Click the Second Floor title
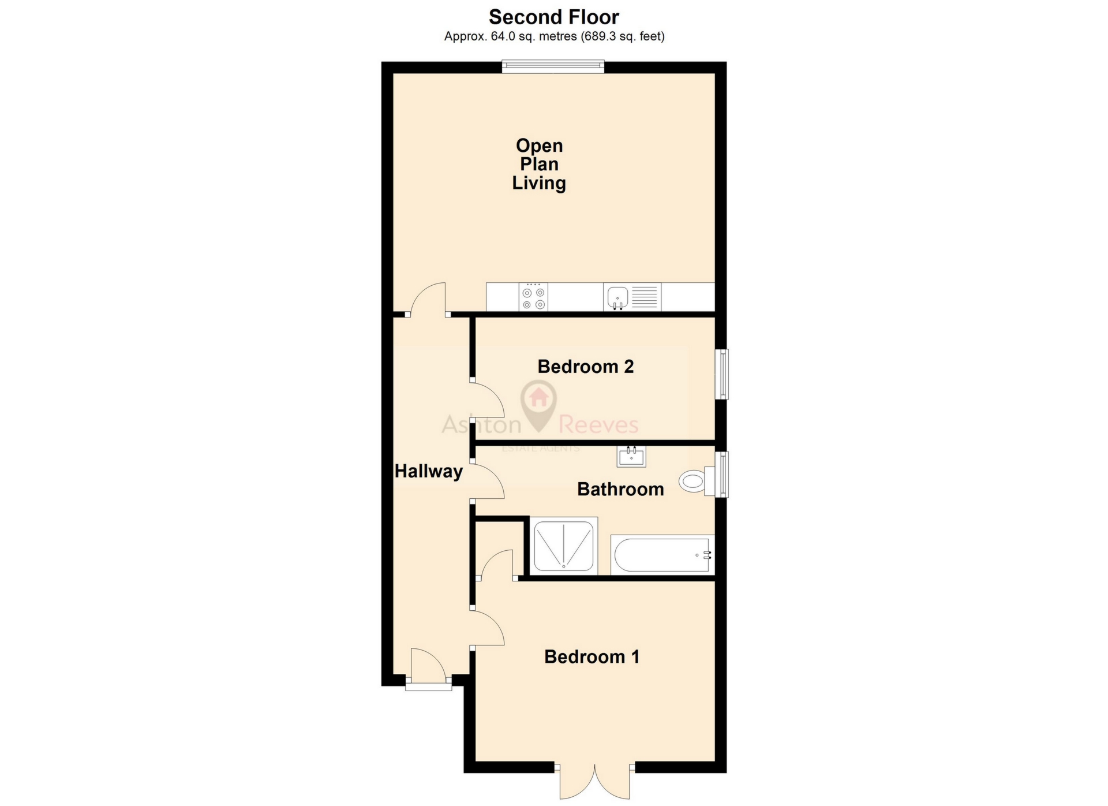pyautogui.click(x=553, y=17)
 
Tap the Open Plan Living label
pyautogui.click(x=539, y=165)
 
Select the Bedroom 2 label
pyautogui.click(x=585, y=367)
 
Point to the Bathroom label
pyautogui.click(x=620, y=490)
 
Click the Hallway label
pyautogui.click(x=428, y=472)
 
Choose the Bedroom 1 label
pyautogui.click(x=592, y=657)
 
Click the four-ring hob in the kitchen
pyautogui.click(x=533, y=297)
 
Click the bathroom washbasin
pyautogui.click(x=631, y=457)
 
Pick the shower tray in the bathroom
pyautogui.click(x=563, y=546)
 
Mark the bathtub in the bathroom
pyautogui.click(x=662, y=555)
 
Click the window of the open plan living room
pyautogui.click(x=553, y=66)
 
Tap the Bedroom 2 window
pyautogui.click(x=721, y=374)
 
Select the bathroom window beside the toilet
pyautogui.click(x=721, y=474)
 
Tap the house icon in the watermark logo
pyautogui.click(x=538, y=397)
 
